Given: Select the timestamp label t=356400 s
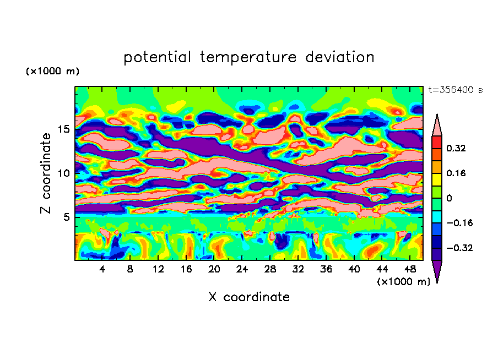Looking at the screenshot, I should click(455, 90).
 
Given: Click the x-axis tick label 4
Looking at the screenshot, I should click(102, 269).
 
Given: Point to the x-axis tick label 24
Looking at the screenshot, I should click(242, 269).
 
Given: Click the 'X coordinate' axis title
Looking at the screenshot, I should click(249, 297).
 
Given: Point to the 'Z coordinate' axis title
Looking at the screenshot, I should click(46, 173).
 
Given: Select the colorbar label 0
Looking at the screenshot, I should click(450, 198).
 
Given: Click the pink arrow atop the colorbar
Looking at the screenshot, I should click(437, 126).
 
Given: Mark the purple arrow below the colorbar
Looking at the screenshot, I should click(437, 271).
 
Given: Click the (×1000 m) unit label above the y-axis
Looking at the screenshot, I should click(52, 72).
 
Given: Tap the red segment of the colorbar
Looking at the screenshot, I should click(437, 141).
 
